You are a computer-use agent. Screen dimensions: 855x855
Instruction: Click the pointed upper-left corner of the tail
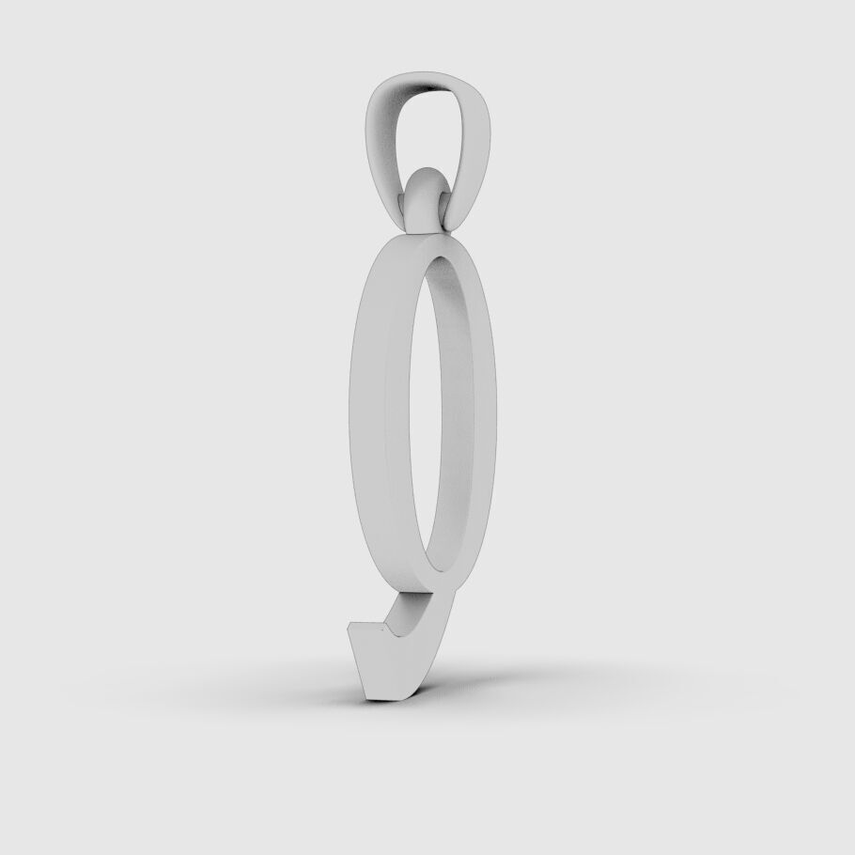click(351, 625)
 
